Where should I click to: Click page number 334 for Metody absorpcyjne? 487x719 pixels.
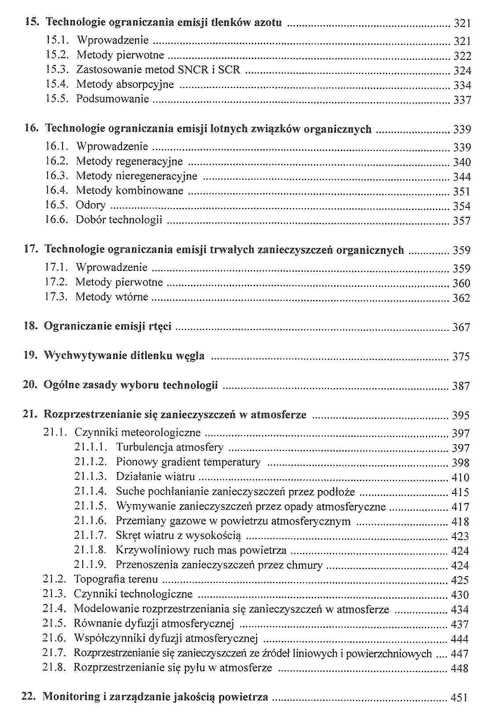pos(462,85)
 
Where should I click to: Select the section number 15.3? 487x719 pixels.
pos(57,70)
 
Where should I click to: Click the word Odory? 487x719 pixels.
pos(91,205)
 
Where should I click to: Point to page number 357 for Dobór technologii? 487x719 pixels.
pos(462,221)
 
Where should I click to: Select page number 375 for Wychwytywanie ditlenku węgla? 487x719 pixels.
pos(461,356)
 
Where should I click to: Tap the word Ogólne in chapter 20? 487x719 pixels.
pos(58,385)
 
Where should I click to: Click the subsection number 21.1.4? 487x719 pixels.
pos(91,491)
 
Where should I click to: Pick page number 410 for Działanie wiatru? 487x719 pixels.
pos(461,477)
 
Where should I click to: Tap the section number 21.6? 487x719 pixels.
pos(54,638)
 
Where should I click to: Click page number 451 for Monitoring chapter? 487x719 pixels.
pos(459,698)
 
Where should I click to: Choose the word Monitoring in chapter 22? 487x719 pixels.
pos(71,697)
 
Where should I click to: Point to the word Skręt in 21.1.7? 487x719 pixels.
pos(128,536)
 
